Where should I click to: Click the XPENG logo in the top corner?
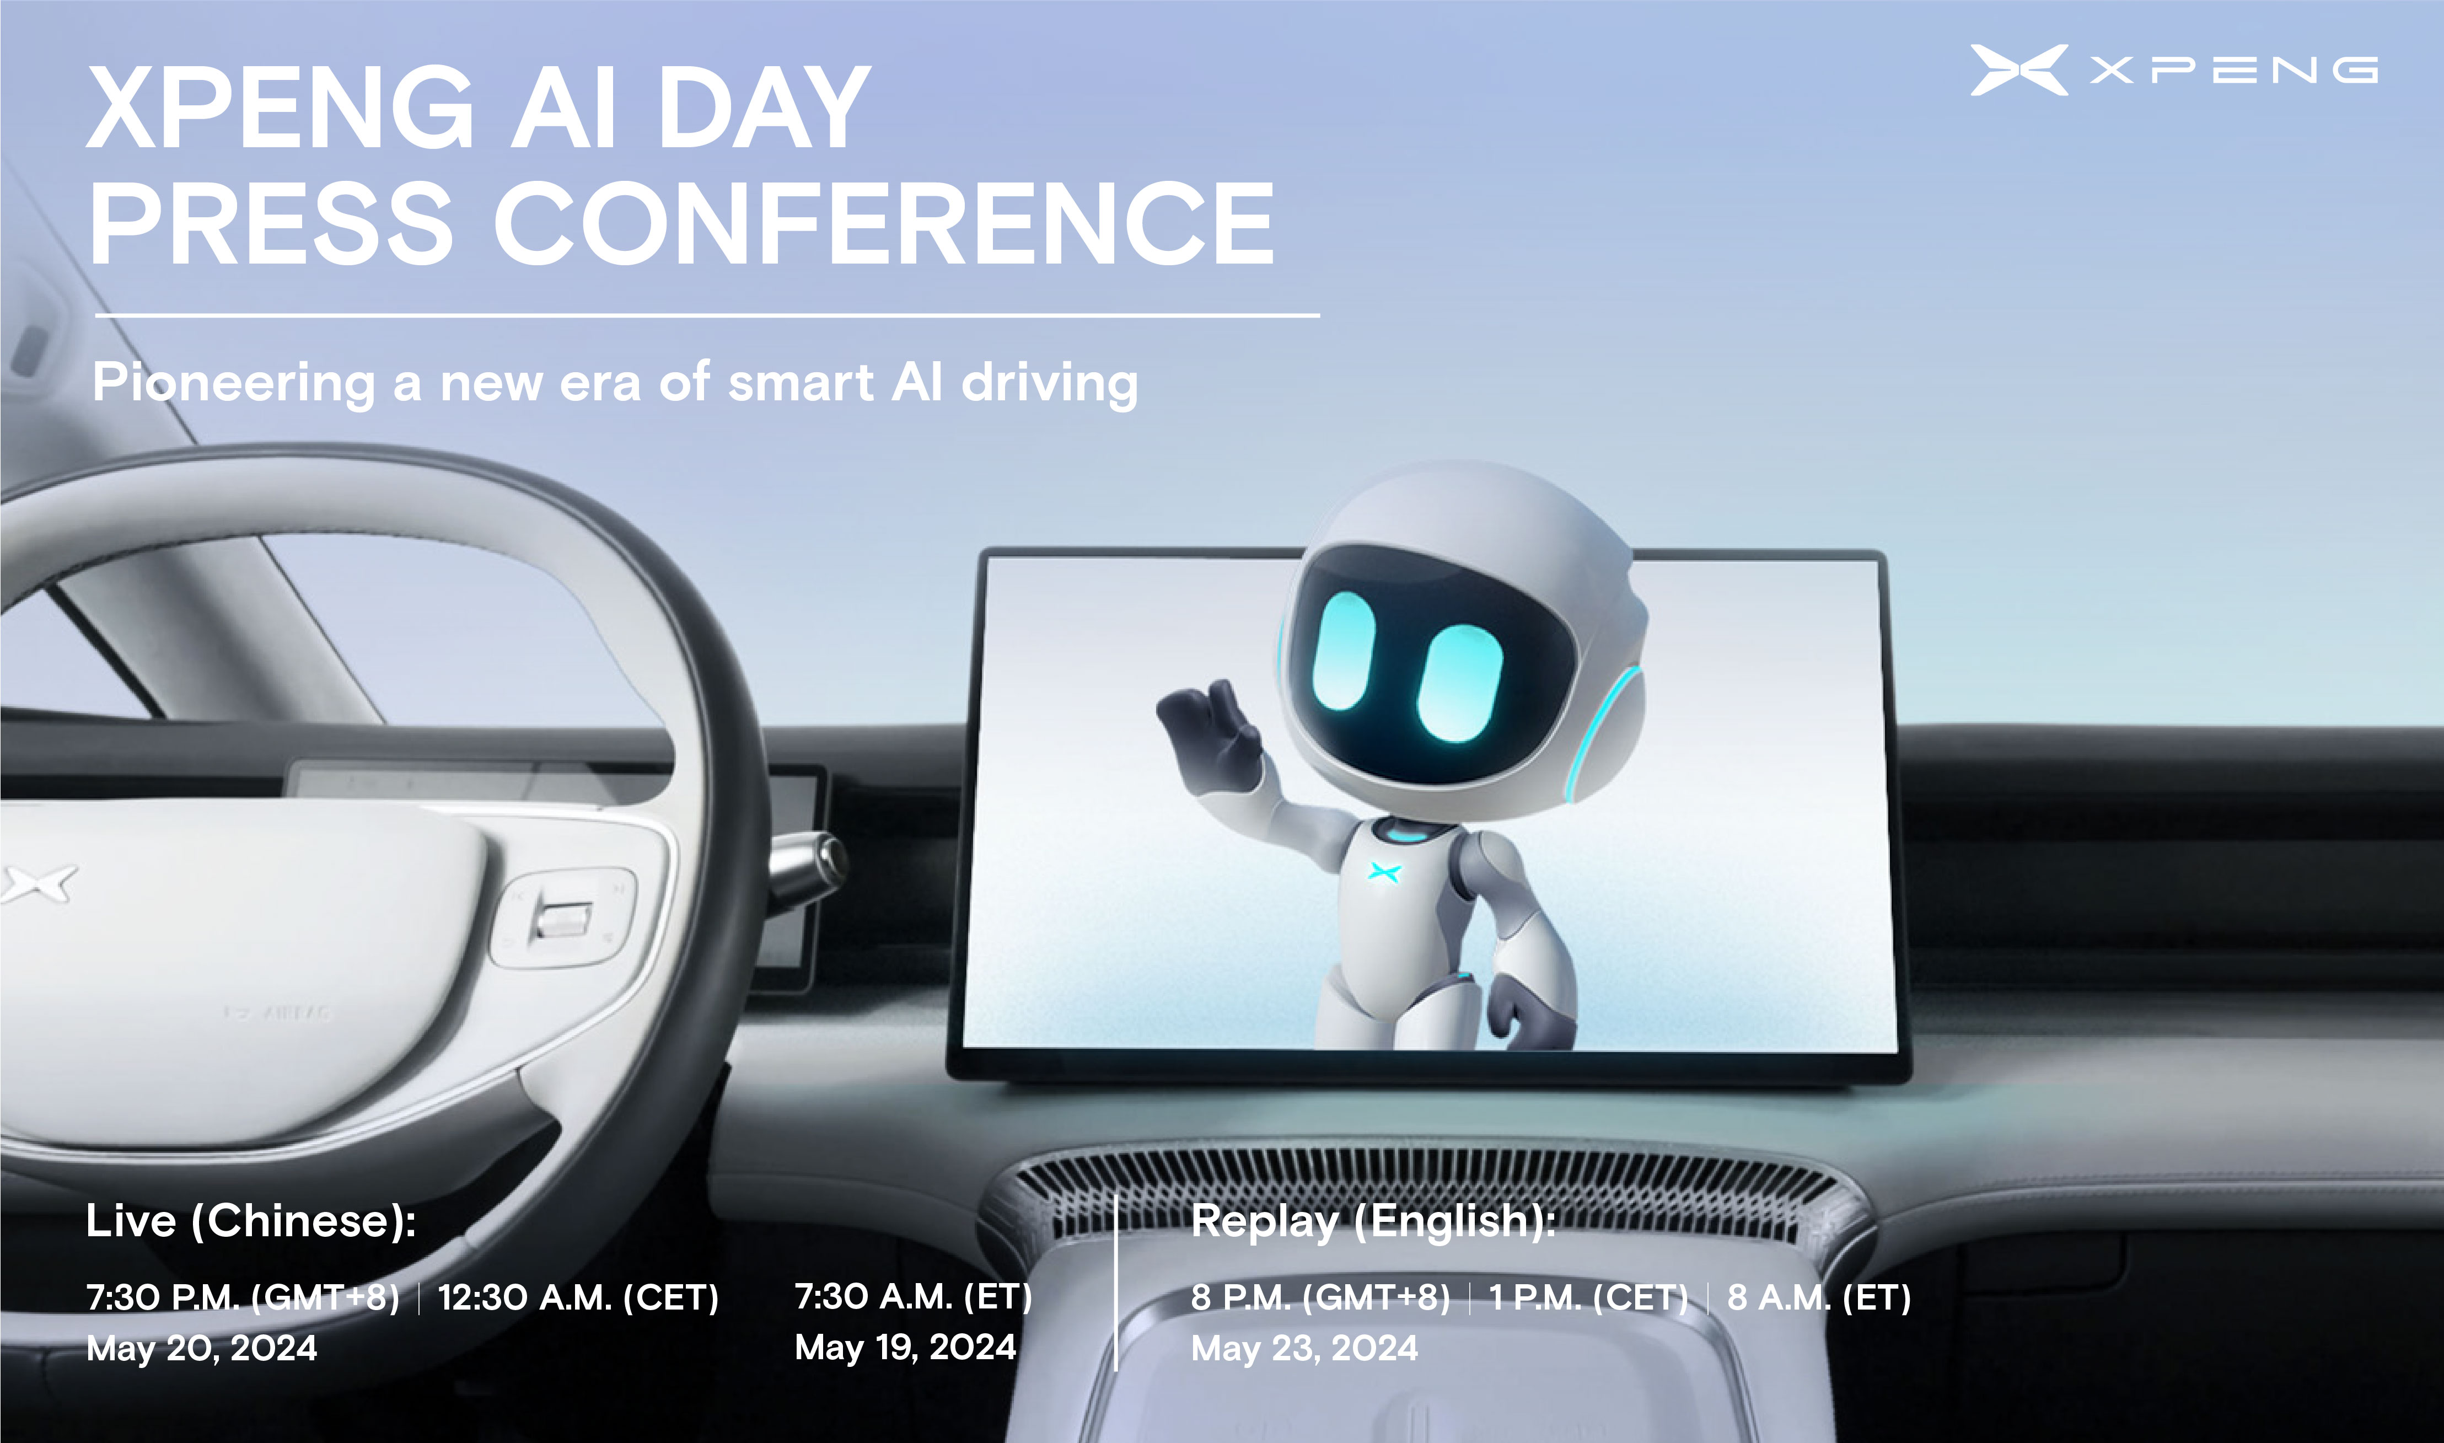pyautogui.click(x=2174, y=70)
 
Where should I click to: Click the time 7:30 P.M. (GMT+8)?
pyautogui.click(x=243, y=1298)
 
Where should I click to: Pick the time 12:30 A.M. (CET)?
pyautogui.click(x=578, y=1298)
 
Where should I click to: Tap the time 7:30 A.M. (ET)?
pyautogui.click(x=913, y=1297)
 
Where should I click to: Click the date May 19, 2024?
pyautogui.click(x=905, y=1348)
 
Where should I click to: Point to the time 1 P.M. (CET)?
pyautogui.click(x=1588, y=1298)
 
